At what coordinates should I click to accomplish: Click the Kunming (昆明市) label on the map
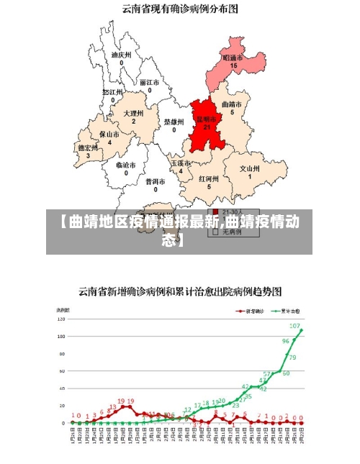point(207,119)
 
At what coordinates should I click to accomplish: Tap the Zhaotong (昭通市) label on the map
point(233,58)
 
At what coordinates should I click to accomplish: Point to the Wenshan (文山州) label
point(250,168)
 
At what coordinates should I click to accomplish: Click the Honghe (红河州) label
point(209,178)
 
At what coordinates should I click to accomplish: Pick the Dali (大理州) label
point(133,114)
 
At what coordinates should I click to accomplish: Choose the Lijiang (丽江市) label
point(150,82)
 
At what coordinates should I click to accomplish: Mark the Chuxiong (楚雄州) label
point(174,122)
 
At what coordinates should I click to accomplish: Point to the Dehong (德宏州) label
point(89,147)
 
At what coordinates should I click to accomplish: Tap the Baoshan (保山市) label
point(109,135)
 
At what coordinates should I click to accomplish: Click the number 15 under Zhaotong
point(233,66)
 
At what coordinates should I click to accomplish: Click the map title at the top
point(179,9)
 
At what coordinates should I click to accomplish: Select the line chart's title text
point(180,292)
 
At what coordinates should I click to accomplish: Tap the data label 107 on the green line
point(294,327)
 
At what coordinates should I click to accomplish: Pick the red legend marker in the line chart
point(240,311)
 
